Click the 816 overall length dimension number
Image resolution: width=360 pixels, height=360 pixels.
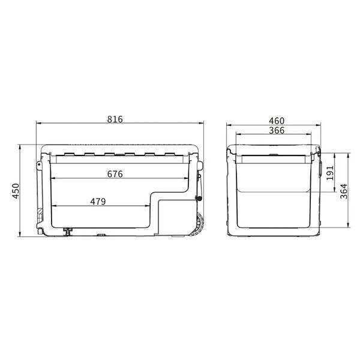115,119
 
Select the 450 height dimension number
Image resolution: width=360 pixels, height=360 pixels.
16,191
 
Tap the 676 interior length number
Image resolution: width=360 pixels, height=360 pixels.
115,174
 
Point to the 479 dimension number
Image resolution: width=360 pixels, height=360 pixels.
98,202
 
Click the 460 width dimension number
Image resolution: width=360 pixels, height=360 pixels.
277,121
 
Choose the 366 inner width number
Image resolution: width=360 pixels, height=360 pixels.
277,130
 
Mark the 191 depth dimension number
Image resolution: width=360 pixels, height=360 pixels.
330,173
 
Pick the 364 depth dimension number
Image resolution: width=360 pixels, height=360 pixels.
344,191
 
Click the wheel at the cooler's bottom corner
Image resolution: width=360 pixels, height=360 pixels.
199,224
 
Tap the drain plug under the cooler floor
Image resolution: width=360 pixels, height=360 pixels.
68,231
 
